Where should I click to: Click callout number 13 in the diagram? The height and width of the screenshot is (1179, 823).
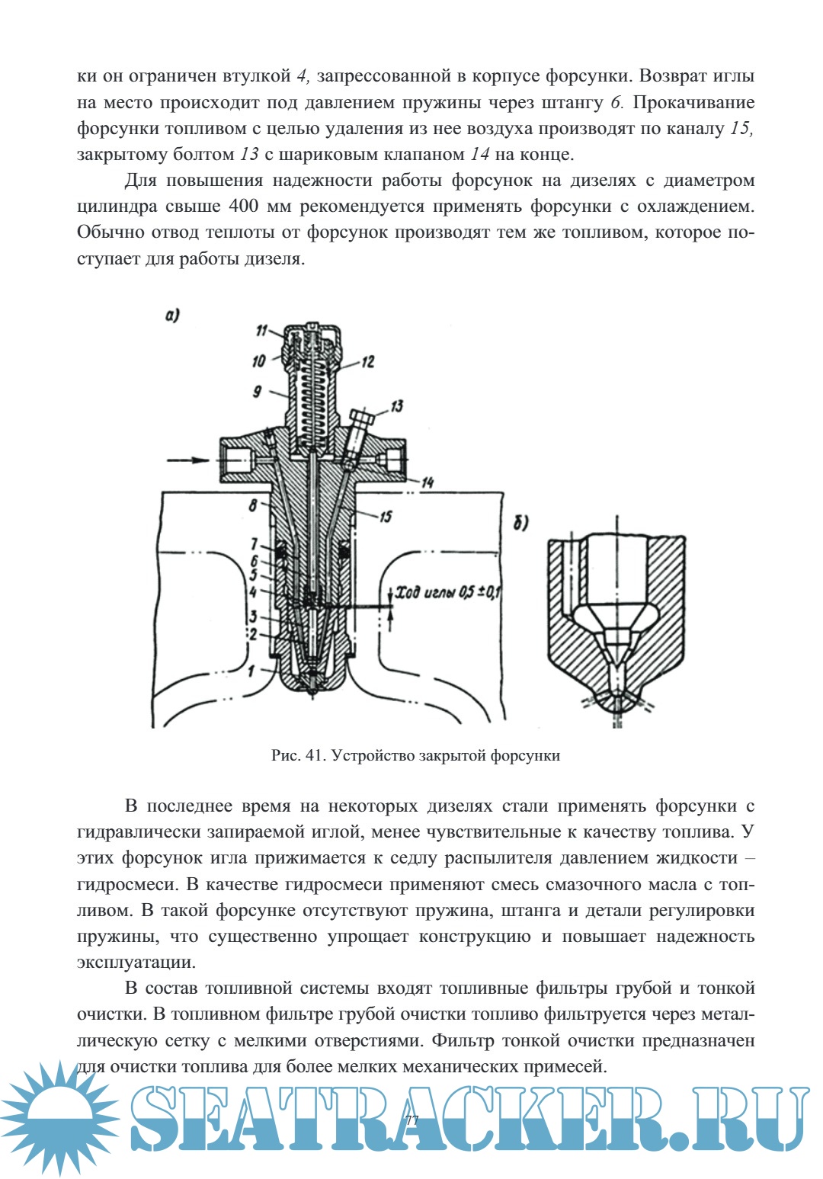(396, 406)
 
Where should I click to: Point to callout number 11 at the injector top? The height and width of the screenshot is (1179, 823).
(261, 330)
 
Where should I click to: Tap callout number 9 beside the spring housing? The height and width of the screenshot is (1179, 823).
(257, 391)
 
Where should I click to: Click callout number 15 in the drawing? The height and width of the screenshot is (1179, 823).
(386, 516)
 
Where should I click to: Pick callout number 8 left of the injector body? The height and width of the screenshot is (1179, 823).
(253, 505)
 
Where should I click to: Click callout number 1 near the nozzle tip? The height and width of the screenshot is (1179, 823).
(251, 671)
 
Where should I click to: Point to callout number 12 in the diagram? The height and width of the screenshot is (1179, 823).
(368, 361)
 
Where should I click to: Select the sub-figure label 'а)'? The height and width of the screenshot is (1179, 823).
(173, 314)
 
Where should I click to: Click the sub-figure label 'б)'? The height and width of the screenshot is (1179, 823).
(521, 523)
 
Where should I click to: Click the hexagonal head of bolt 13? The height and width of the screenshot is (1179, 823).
(363, 418)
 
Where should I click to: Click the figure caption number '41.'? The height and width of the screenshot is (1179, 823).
(315, 756)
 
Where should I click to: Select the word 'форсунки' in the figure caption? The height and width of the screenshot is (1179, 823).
(525, 756)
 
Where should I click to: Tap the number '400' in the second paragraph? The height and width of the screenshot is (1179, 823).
(245, 207)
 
